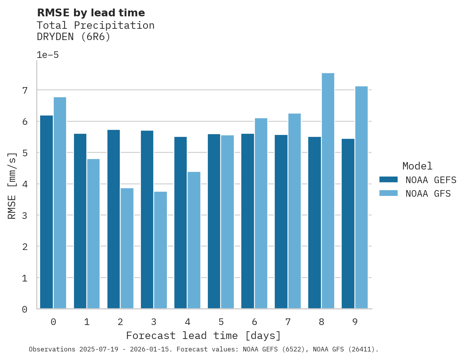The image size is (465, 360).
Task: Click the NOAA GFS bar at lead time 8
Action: point(328,191)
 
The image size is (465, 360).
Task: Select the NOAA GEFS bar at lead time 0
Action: point(46,212)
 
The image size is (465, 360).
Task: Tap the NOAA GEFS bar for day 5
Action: point(214,221)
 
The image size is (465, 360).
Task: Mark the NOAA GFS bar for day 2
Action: point(127,248)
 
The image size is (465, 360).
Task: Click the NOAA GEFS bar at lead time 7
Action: point(281,222)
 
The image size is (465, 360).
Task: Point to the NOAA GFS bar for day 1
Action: point(93,234)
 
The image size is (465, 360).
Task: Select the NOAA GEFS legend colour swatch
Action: point(388,180)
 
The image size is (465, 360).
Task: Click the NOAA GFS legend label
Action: point(428,194)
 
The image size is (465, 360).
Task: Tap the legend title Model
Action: point(417,166)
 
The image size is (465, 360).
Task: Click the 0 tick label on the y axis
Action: point(25,309)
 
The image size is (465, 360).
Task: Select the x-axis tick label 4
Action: point(188,322)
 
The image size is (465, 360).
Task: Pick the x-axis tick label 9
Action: point(355,322)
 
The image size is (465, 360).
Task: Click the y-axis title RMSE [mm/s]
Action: point(12,185)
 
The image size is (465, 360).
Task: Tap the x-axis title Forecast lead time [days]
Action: point(204,336)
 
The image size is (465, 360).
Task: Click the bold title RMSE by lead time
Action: point(91,13)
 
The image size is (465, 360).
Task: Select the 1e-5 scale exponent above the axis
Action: point(47,55)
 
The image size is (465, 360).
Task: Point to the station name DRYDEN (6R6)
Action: point(74,37)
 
